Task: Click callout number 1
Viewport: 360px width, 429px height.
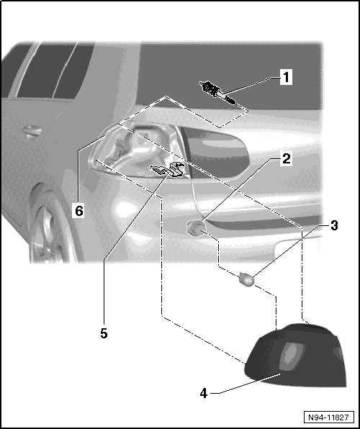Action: pyautogui.click(x=286, y=77)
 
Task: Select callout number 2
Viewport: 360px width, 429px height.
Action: pyautogui.click(x=286, y=158)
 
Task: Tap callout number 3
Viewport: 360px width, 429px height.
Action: pyautogui.click(x=334, y=226)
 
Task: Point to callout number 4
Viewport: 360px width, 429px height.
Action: pyautogui.click(x=204, y=394)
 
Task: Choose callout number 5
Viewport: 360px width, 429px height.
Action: pyautogui.click(x=104, y=333)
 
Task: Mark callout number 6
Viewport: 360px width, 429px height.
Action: pyautogui.click(x=79, y=211)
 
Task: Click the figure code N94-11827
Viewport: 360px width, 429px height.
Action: pyautogui.click(x=329, y=417)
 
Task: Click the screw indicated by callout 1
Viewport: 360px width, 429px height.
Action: pyautogui.click(x=217, y=92)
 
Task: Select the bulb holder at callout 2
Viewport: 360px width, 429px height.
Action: pyautogui.click(x=194, y=228)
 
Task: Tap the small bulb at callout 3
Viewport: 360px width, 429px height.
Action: pyautogui.click(x=246, y=279)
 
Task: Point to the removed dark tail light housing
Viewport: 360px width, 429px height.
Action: pyautogui.click(x=296, y=355)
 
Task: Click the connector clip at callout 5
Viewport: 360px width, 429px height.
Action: pyautogui.click(x=167, y=170)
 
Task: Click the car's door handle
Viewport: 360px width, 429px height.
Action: pyautogui.click(x=32, y=131)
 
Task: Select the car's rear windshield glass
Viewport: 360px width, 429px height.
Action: pyautogui.click(x=230, y=76)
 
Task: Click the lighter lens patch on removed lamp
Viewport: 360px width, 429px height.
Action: pyautogui.click(x=293, y=356)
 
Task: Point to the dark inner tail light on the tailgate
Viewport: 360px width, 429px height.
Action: pyautogui.click(x=216, y=152)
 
